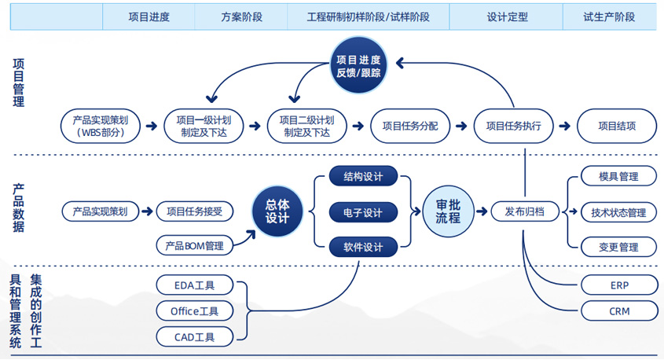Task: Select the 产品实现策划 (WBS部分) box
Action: coord(101,126)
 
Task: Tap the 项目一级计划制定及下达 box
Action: coord(204,126)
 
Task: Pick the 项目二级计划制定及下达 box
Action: coord(306,126)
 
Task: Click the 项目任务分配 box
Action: coord(409,126)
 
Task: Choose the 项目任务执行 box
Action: coord(513,126)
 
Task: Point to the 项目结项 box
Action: coord(617,126)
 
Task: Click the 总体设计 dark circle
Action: coord(277,211)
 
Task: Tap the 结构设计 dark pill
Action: coord(363,177)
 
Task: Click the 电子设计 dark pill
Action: coord(363,212)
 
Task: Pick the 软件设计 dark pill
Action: coord(363,248)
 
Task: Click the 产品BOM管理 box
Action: coord(195,246)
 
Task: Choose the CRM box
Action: coord(618,311)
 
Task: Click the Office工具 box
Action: coord(195,310)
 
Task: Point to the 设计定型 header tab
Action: coord(506,17)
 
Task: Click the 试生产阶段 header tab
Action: coord(609,17)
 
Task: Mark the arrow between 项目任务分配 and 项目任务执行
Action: coord(461,126)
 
